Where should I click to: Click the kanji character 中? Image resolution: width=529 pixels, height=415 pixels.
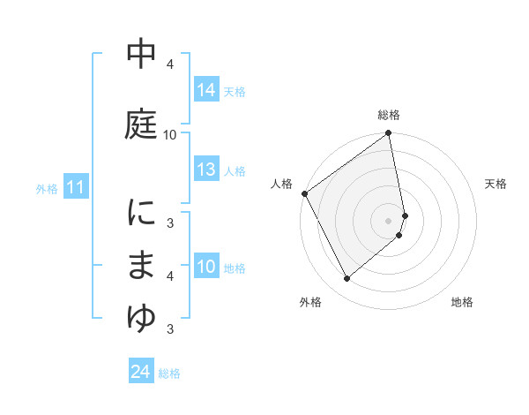tap(142, 56)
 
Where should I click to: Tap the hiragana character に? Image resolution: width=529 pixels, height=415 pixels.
tap(142, 213)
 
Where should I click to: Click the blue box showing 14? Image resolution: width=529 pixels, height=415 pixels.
tap(206, 90)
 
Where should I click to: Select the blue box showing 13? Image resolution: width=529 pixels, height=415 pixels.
tap(206, 170)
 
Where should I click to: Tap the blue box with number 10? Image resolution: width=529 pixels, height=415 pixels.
tap(206, 267)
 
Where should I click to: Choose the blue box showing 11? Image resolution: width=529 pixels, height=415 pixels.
tap(75, 187)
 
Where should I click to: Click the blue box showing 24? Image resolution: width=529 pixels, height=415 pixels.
tap(140, 372)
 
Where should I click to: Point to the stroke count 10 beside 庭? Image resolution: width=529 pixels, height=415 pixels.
tap(170, 134)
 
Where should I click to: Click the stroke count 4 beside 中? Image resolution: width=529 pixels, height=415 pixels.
tap(170, 64)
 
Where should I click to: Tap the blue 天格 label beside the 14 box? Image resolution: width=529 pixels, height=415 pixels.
tap(235, 91)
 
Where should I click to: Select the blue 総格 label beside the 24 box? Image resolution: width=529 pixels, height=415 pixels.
tap(169, 373)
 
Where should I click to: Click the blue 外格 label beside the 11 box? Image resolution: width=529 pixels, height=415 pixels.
tap(46, 188)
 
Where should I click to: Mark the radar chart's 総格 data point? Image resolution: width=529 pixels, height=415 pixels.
tap(389, 134)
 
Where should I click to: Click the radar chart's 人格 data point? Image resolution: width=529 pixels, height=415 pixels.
tap(304, 193)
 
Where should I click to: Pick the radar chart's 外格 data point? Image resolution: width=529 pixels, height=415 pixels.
tap(346, 279)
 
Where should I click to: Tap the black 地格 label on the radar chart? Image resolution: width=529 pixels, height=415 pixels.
tap(462, 302)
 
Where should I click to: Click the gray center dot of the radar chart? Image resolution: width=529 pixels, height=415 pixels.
tap(389, 220)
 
